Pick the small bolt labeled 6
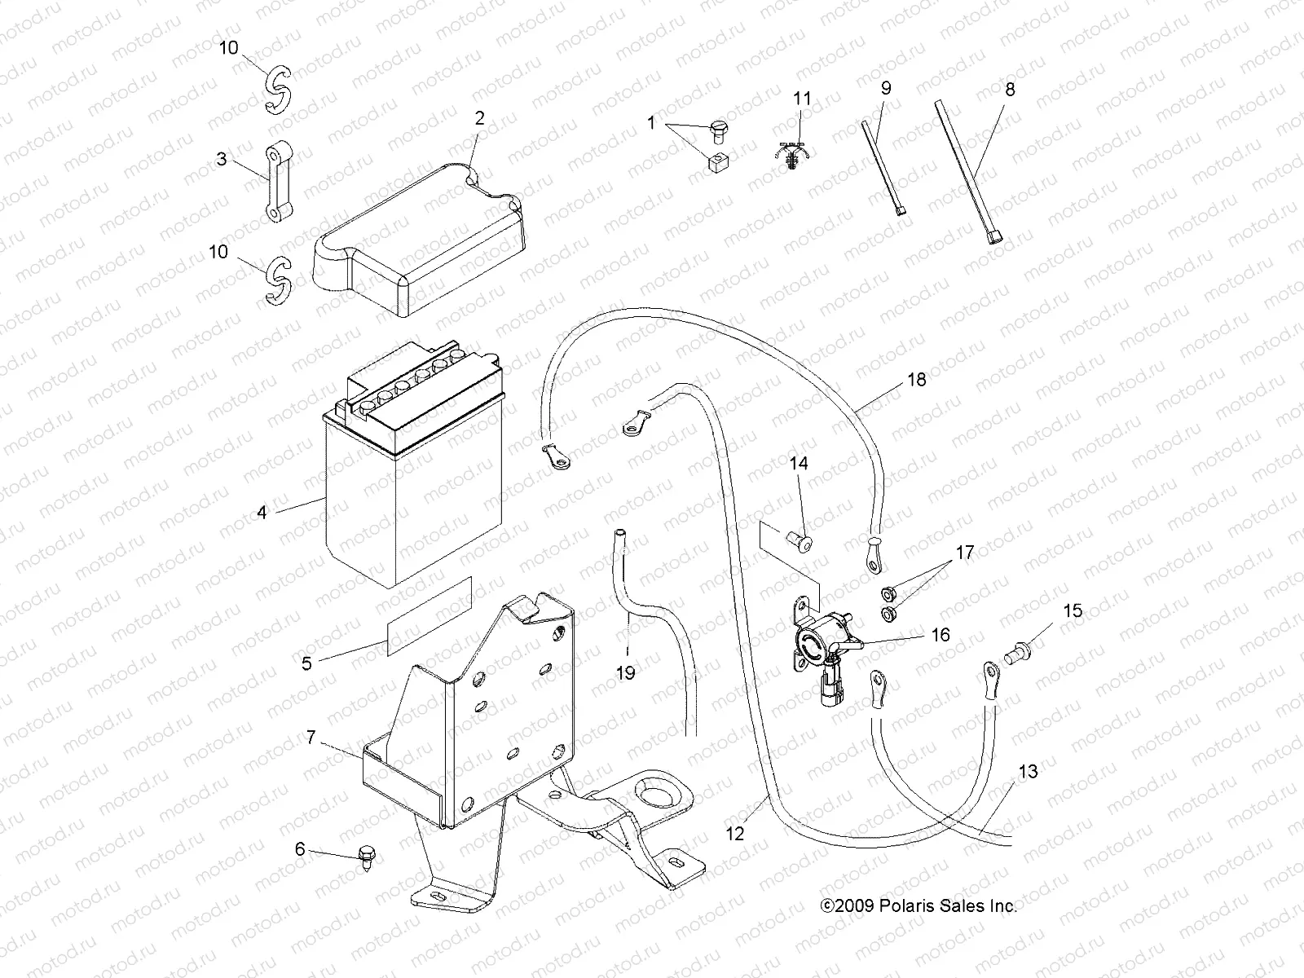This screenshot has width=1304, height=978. (x=363, y=856)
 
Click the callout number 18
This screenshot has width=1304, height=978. (x=917, y=380)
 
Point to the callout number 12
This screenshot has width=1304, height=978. (x=735, y=834)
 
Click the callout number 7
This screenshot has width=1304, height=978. (x=311, y=738)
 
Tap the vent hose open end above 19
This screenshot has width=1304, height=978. (x=621, y=534)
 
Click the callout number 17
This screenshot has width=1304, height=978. (x=964, y=553)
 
